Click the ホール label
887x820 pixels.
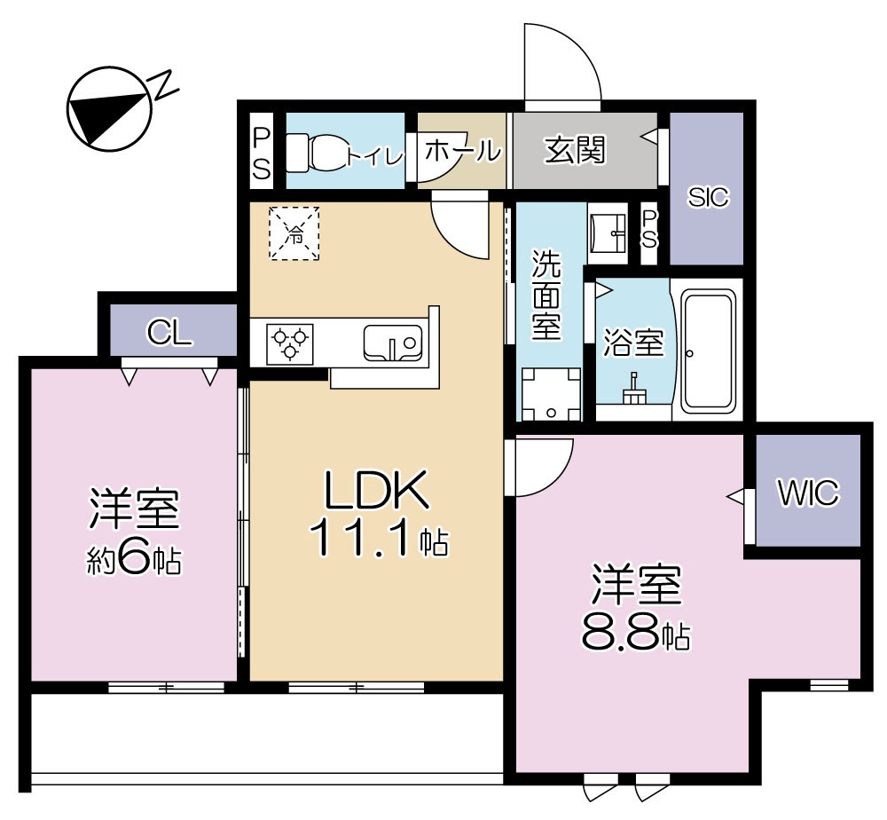462,152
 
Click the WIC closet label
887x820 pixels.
808,494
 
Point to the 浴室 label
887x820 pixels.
633,343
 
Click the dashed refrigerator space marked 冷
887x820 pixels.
294,233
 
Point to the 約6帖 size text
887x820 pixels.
135,560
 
